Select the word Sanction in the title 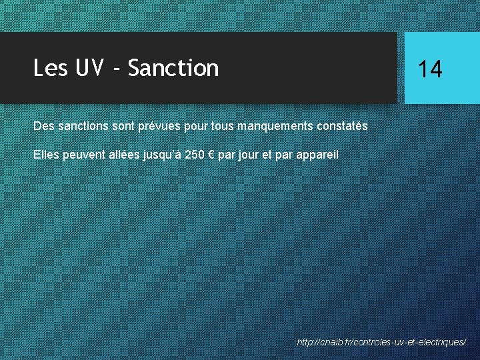coord(173,68)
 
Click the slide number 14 coord(430,69)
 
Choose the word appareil coord(317,155)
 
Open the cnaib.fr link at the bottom coord(381,342)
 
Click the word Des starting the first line coord(44,126)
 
